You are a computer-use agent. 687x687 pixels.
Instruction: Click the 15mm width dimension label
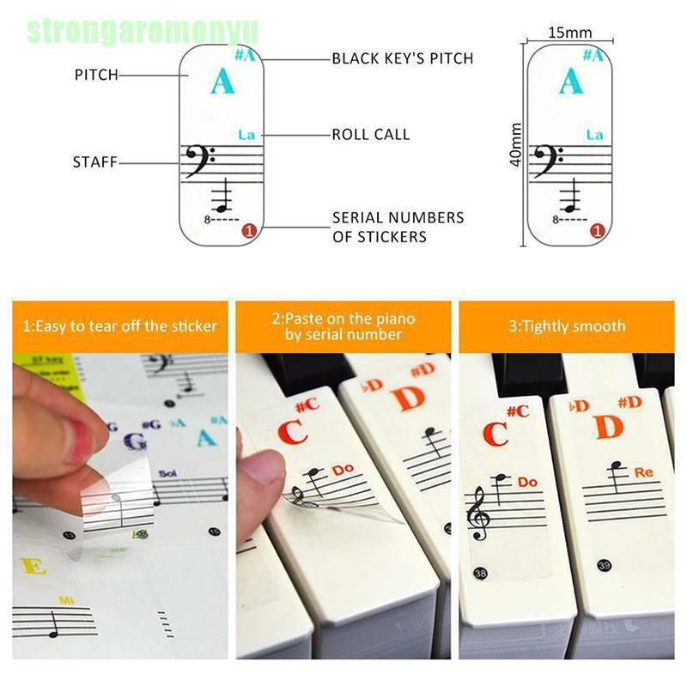[x=570, y=33]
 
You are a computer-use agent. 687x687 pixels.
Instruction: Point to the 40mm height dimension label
[x=516, y=145]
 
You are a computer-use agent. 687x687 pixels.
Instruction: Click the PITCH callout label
[x=96, y=76]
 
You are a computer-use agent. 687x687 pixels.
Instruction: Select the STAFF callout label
[x=94, y=162]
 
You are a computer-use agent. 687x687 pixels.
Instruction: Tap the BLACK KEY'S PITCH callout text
[x=403, y=59]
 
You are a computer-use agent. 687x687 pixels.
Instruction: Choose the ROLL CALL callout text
[x=371, y=135]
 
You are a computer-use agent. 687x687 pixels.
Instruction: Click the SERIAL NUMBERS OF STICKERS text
[x=398, y=227]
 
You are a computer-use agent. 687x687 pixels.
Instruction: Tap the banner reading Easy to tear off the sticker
[x=119, y=326]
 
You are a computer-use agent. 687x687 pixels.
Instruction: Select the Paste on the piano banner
[x=343, y=326]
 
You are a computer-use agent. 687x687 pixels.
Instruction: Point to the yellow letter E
[x=33, y=567]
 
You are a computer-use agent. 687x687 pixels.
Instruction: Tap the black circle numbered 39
[x=605, y=564]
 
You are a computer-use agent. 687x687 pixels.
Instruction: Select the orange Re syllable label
[x=644, y=472]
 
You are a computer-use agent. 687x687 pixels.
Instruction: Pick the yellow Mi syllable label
[x=66, y=599]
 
